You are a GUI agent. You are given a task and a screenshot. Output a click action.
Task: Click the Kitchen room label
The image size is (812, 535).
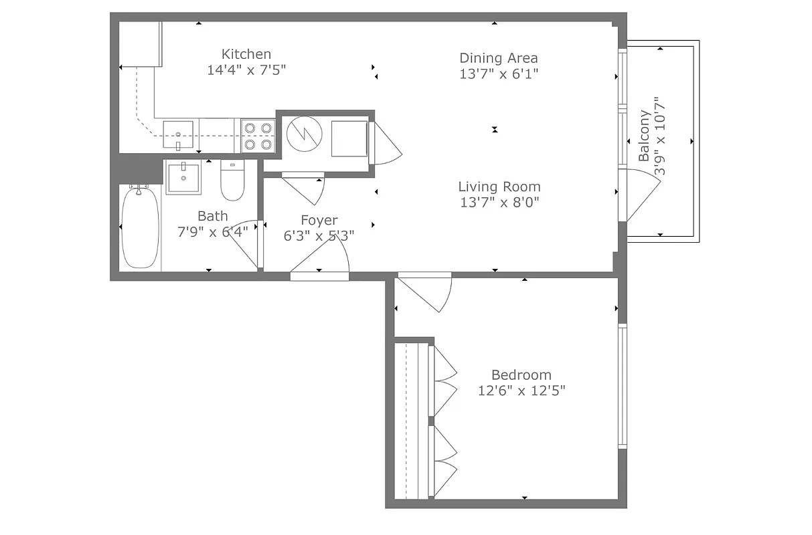coord(246,54)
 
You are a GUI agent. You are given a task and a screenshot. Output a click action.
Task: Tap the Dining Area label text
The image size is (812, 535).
coord(498,58)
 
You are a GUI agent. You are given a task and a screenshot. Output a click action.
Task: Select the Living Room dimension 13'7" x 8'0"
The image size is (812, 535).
coord(499,201)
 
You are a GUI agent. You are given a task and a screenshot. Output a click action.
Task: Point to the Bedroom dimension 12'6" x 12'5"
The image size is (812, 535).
coord(521,391)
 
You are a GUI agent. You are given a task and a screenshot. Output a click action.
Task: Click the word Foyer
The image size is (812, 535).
coord(319,220)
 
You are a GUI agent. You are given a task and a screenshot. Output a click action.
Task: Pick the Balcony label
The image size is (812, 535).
coord(644,136)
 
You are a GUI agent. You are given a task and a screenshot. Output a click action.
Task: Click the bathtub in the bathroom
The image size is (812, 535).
coord(141,227)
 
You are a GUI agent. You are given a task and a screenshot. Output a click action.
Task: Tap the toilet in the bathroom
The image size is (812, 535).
coord(232,183)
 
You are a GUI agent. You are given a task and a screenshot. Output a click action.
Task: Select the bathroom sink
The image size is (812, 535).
coord(183,178)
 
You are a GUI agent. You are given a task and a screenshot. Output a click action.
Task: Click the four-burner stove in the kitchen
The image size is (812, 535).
coord(258,136)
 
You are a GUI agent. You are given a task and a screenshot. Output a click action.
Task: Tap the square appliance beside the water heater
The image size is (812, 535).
coord(349,138)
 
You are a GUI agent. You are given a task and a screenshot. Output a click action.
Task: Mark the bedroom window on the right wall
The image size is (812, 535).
coord(622,385)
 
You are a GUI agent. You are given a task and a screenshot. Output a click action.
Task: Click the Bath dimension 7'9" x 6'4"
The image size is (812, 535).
coord(212,232)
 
